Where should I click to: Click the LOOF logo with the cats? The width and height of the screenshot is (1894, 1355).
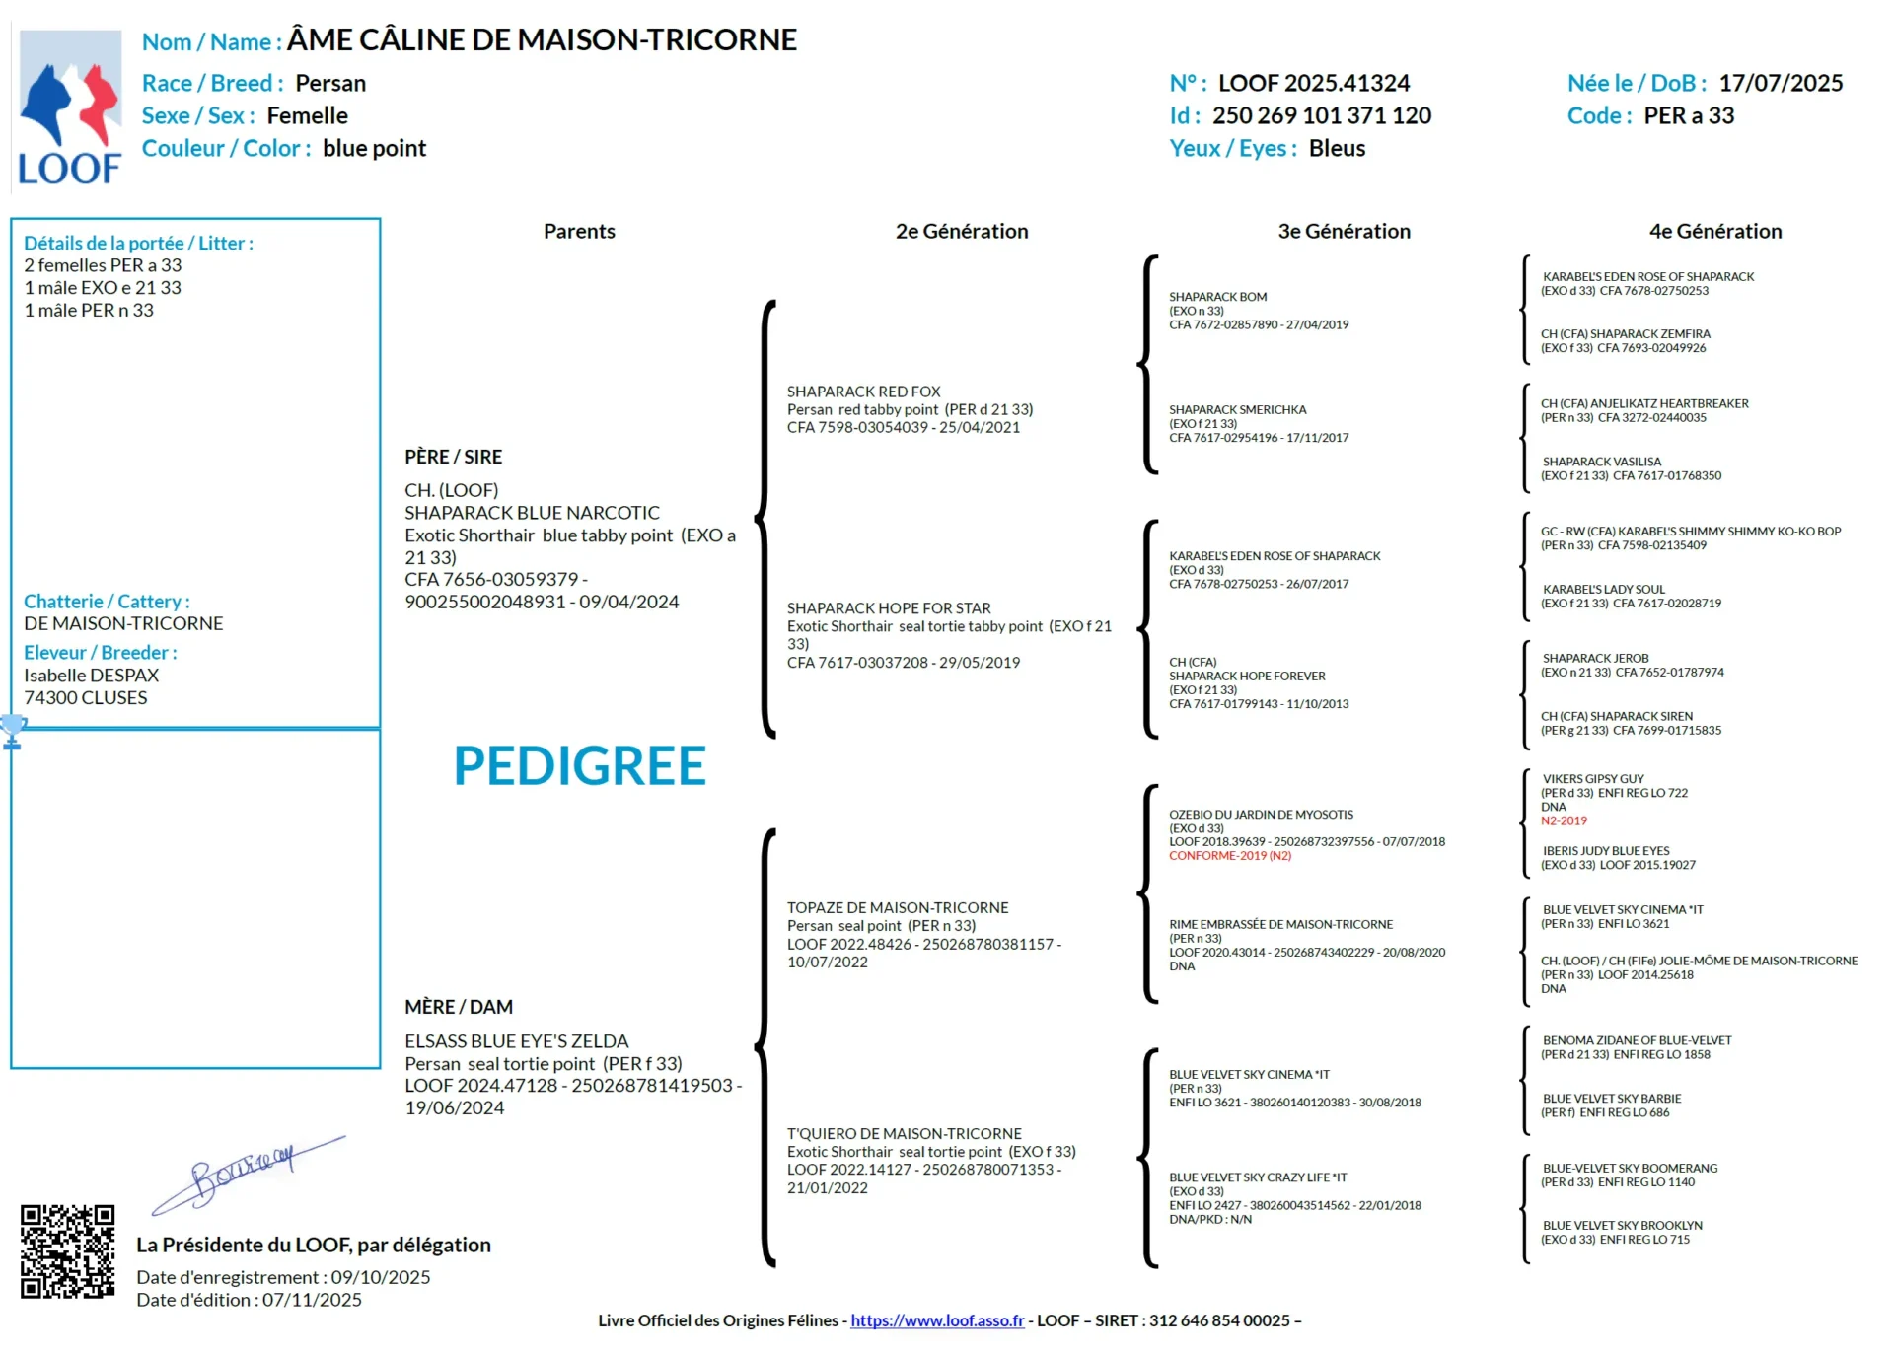coord(70,107)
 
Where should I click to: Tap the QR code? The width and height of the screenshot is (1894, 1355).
coord(67,1250)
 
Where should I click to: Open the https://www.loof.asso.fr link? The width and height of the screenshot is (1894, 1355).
coord(936,1320)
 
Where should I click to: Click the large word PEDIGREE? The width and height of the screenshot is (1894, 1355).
coord(579,766)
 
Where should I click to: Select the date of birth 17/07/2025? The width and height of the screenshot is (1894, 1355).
coord(1780,84)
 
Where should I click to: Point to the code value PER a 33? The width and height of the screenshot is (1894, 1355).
coord(1688,116)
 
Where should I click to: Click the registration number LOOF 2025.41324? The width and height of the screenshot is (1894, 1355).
coord(1313,84)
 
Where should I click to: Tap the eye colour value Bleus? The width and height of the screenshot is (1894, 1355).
coord(1337,149)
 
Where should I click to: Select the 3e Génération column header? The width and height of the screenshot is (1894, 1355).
coord(1344,232)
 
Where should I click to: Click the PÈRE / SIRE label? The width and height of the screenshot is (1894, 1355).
coord(453,457)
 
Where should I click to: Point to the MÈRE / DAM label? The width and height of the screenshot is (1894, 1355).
coord(458,1007)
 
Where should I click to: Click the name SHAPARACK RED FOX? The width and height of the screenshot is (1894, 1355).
coord(863,392)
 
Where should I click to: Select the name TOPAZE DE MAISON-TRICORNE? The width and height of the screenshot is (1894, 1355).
coord(897,907)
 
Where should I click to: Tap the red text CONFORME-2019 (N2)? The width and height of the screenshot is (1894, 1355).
coord(1229,856)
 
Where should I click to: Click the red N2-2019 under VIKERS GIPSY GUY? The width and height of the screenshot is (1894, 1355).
coord(1564,820)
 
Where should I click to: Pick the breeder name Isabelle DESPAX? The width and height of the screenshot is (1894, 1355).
coord(91,676)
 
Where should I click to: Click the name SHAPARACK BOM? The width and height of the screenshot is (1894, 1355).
coord(1217,297)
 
